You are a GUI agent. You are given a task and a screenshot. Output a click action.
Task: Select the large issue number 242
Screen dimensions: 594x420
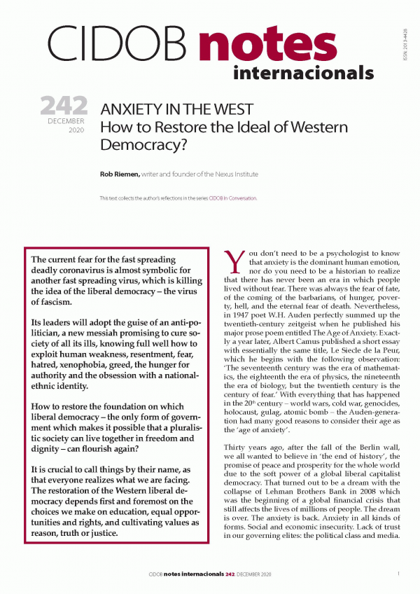tap(64, 106)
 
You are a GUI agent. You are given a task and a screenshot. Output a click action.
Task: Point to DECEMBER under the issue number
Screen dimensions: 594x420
tap(67, 122)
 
